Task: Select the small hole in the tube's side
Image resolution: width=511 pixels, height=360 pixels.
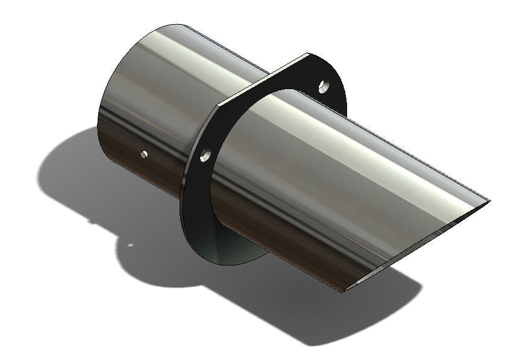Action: point(143,155)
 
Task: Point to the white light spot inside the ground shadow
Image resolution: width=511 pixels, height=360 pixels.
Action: point(130,245)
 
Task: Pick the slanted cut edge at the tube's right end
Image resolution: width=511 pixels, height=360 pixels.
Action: point(416,247)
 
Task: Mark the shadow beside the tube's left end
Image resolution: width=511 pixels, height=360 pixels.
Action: point(66,175)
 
